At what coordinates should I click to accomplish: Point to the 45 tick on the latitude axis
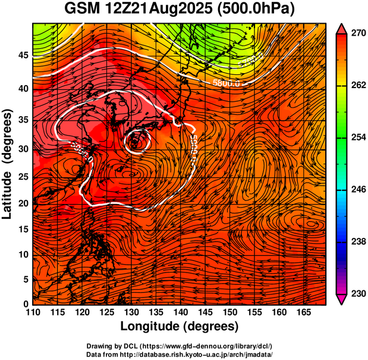[23, 56]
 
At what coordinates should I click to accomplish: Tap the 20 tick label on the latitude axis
[23, 203]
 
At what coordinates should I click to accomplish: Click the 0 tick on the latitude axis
[26, 304]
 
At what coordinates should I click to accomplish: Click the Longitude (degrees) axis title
[180, 326]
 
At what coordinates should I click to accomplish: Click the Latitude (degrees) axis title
[8, 164]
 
